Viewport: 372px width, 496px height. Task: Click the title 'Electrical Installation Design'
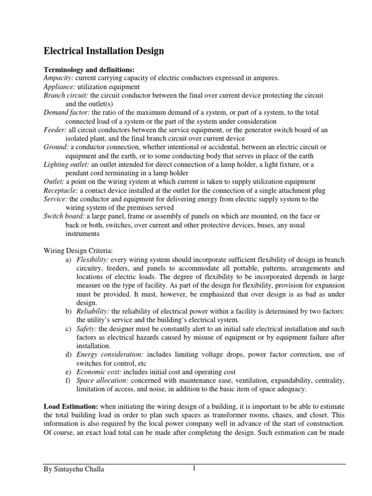104,51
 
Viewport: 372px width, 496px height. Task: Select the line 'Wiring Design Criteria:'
77,251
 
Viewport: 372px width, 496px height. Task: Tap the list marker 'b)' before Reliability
68,311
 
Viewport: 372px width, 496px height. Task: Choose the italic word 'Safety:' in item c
86,329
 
